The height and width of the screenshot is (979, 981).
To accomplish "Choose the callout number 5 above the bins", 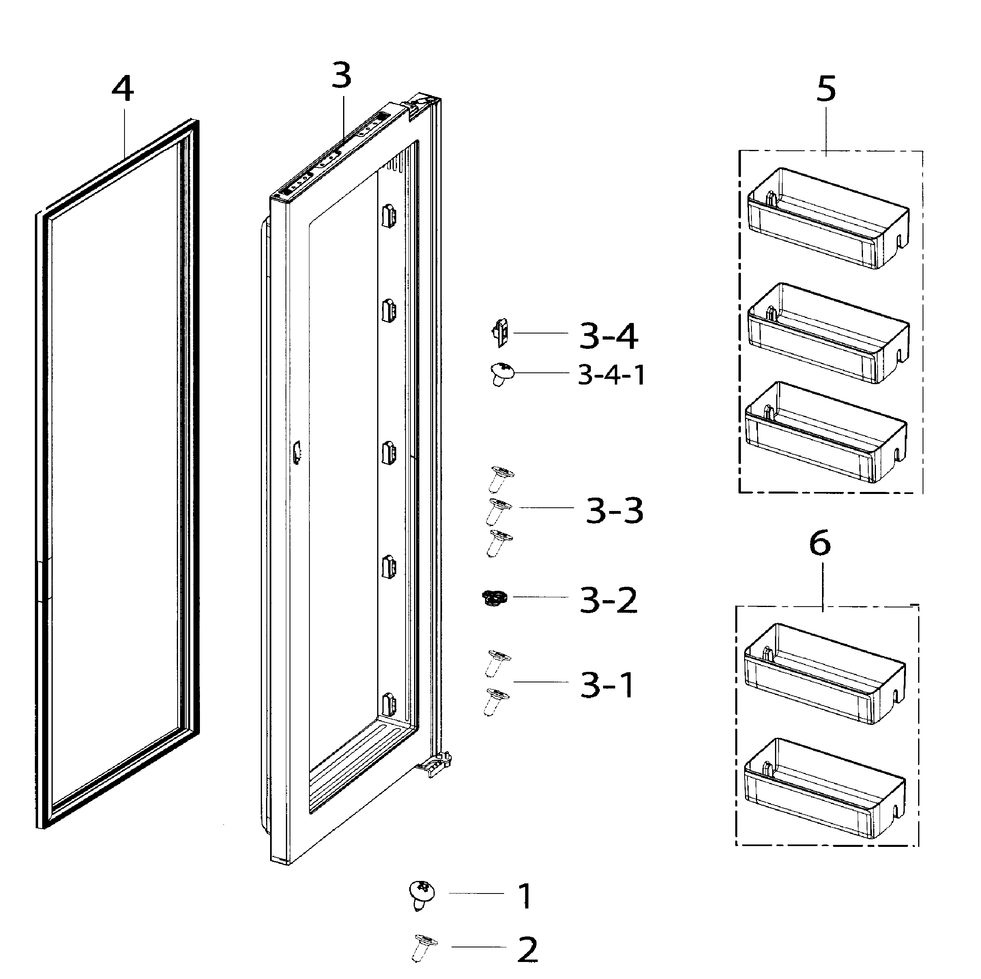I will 826,88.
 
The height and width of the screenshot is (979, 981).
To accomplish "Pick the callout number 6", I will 820,543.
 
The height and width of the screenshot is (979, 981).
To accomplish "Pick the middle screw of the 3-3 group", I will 498,511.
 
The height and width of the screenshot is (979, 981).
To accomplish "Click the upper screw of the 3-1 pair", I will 498,663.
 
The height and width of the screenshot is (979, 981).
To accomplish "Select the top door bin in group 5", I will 828,218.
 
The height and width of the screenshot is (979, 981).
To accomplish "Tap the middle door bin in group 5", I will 828,333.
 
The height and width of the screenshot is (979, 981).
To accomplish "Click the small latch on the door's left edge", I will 296,451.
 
